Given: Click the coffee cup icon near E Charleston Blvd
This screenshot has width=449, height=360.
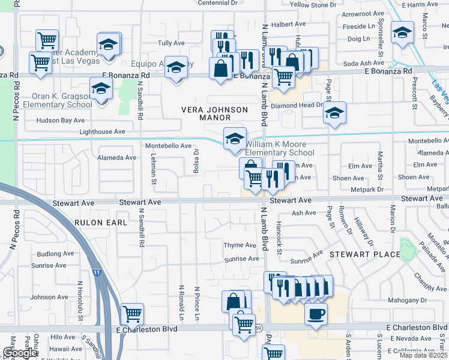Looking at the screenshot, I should point(316,314).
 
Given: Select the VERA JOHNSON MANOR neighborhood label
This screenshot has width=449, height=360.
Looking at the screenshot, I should point(214,114).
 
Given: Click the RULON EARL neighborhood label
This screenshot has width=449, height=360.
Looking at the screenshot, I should point(101,223).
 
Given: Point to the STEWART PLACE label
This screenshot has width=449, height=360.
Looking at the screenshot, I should point(364,254).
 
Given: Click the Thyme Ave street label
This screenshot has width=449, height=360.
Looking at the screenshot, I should point(240,245).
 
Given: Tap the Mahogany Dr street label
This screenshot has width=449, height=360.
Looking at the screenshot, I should point(407,299).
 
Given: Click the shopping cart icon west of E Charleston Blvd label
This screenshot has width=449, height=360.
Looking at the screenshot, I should point(132,313).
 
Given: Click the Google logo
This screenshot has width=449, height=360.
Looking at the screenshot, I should point(20,353).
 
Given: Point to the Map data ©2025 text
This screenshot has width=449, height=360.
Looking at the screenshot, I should point(424,355).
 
